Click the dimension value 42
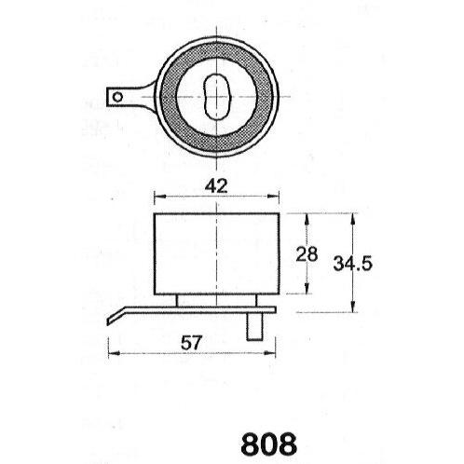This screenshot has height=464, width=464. click(216, 186)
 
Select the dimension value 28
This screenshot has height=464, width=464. click(307, 253)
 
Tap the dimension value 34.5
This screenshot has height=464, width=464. click(352, 264)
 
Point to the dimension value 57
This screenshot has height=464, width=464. click(191, 343)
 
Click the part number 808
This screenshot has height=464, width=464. click(268, 444)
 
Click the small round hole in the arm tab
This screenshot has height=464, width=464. click(117, 97)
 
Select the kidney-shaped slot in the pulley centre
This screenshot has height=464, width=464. click(216, 97)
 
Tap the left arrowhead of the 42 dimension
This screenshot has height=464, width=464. click(159, 196)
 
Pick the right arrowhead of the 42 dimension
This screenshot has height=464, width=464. click(273, 196)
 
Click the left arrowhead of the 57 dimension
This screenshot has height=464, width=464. click(114, 353)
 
